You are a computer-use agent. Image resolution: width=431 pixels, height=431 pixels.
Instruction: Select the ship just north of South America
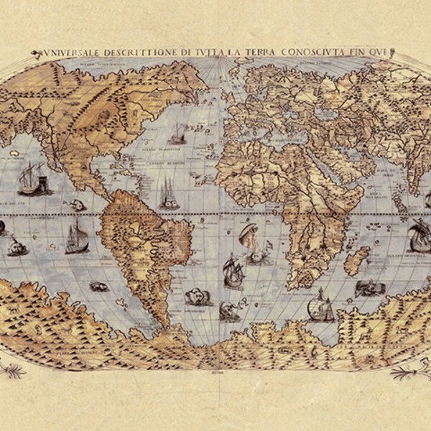click(167, 192)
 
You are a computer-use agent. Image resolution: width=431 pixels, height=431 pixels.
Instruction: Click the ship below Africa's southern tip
click(320, 307)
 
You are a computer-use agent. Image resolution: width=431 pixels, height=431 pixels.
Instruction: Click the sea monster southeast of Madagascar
click(371, 287)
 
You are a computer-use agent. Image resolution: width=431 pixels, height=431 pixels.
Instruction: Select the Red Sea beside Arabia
click(305, 172)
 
